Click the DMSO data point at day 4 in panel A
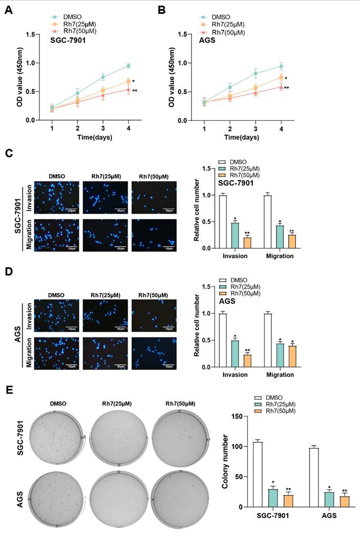tap(128, 66)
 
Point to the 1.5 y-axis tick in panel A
tap(35, 34)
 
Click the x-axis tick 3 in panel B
tap(255, 128)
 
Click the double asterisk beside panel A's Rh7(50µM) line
tap(135, 91)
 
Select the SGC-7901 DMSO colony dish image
tap(55, 437)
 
